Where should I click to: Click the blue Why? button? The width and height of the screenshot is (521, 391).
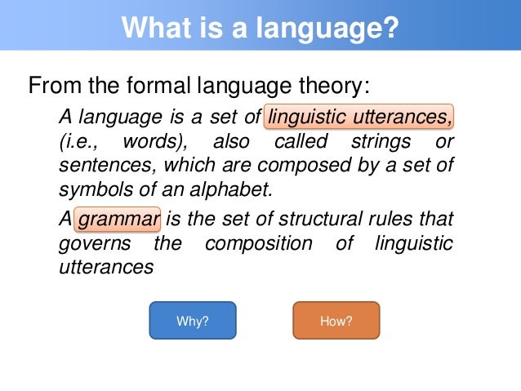tap(192, 321)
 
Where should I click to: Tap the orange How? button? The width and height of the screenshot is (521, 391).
tap(336, 321)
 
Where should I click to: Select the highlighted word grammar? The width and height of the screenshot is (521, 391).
tap(118, 220)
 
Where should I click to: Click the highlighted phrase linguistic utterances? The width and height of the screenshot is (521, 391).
tap(359, 119)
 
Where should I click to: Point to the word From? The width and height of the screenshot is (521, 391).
tap(51, 85)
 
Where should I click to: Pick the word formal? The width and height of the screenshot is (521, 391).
tap(150, 85)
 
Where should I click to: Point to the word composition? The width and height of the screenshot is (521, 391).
tap(258, 244)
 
